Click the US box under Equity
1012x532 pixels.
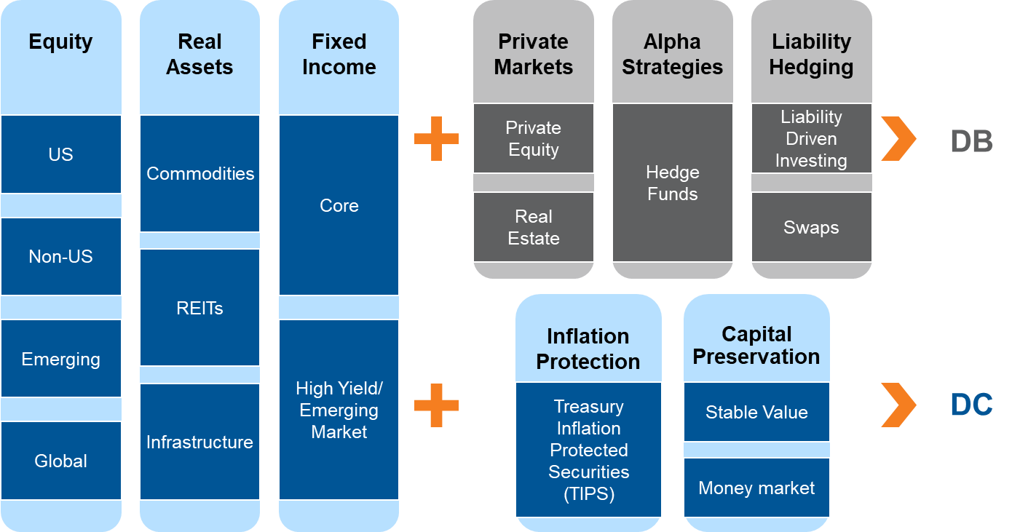61,154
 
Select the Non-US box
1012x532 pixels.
61,256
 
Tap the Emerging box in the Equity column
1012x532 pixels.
61,359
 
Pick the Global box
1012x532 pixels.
61,461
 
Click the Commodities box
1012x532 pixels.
199,173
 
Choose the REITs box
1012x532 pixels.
199,308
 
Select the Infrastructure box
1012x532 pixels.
199,442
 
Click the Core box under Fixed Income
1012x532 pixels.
339,205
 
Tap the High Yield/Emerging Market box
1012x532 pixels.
339,410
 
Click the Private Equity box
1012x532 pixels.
534,138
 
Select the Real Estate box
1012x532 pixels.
534,227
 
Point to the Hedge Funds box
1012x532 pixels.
672,183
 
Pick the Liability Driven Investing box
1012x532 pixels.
811,138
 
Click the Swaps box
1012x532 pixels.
811,227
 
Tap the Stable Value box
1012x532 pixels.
756,412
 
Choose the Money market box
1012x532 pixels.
756,488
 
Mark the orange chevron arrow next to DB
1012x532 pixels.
898,138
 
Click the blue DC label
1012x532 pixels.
971,405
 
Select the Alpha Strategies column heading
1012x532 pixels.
672,55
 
